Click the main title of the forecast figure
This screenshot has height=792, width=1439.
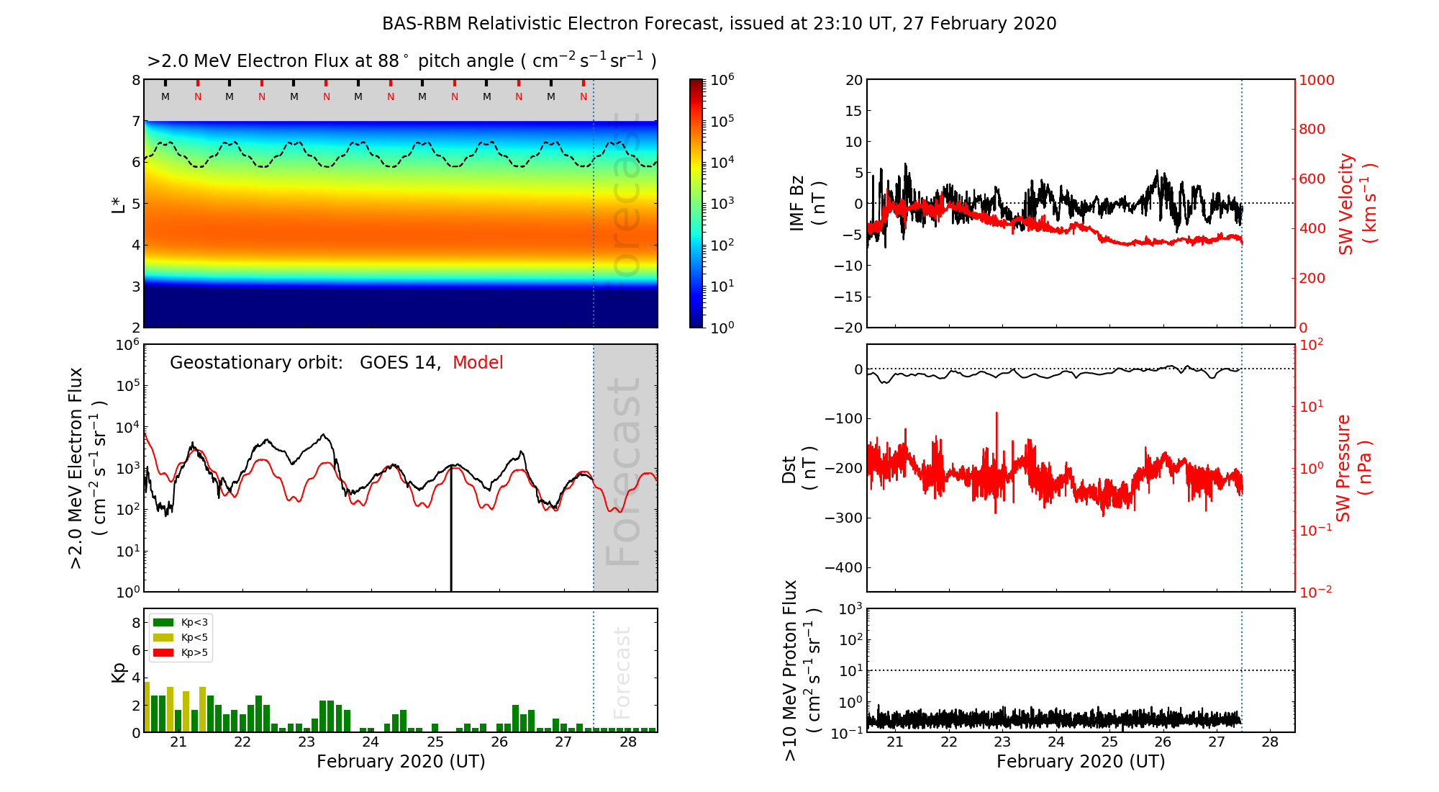click(719, 24)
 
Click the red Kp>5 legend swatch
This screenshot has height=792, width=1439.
click(163, 652)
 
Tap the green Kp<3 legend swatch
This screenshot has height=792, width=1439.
click(163, 622)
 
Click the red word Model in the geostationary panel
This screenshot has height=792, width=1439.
click(478, 363)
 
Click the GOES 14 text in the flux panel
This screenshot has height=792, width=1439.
click(399, 363)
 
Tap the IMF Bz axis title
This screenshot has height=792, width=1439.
click(807, 203)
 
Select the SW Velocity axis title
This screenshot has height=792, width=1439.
click(1357, 204)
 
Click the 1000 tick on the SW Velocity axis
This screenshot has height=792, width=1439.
click(1316, 80)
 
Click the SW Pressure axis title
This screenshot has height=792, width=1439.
click(1354, 468)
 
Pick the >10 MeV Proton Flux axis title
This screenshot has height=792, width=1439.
click(802, 670)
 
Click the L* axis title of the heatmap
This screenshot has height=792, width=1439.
click(118, 203)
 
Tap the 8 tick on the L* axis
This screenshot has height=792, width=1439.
click(135, 80)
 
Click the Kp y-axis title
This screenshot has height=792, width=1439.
click(119, 672)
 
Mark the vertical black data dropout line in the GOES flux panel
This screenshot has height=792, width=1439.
click(451, 533)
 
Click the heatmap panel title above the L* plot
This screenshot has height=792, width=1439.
click(401, 61)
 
